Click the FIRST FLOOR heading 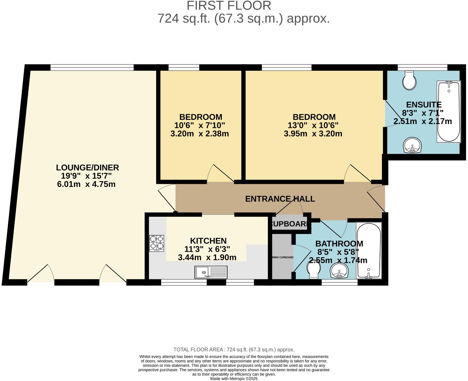tap(229, 6)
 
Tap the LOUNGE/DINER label tap(87, 168)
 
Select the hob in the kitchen tap(156, 243)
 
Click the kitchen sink tap(211, 272)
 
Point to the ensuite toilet tap(409, 81)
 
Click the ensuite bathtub tap(448, 112)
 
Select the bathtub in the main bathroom tap(369, 250)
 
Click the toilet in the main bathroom tap(313, 269)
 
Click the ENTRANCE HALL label tap(280, 199)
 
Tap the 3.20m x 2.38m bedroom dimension tap(200, 134)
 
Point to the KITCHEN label tap(208, 241)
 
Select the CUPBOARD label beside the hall tap(289, 224)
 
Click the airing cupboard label tap(282, 257)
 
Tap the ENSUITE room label tap(424, 105)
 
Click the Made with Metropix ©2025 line tap(234, 379)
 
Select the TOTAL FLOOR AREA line tap(234, 350)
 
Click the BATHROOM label tap(339, 244)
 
